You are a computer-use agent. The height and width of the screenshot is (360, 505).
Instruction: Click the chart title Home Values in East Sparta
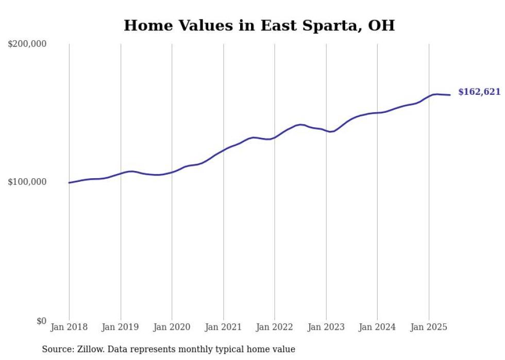coord(259,25)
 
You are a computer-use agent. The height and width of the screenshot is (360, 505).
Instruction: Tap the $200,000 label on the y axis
coord(27,44)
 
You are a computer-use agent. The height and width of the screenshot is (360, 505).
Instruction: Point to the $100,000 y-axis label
coord(27,182)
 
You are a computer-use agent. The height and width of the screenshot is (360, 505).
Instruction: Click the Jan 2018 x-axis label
coord(69,327)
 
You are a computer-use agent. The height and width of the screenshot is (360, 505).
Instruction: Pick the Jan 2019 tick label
coord(121,327)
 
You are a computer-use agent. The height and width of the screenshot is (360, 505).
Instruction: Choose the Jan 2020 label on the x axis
coord(172,327)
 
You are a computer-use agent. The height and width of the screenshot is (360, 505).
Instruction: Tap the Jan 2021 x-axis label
coord(223,327)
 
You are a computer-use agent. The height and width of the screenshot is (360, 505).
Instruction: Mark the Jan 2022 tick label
coord(275,327)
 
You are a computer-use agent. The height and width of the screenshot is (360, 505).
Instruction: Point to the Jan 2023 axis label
coord(326,327)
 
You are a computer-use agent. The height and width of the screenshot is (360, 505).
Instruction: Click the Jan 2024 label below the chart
coord(377,327)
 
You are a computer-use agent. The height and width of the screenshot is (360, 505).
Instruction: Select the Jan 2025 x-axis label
coord(429,327)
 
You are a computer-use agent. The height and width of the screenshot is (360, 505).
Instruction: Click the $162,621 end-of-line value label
coord(479,92)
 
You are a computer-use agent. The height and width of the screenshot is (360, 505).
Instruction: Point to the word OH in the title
coord(381,25)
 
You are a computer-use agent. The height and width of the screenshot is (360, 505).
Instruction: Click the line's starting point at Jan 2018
coord(69,183)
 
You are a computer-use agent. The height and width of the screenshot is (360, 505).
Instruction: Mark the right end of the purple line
coord(450,95)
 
